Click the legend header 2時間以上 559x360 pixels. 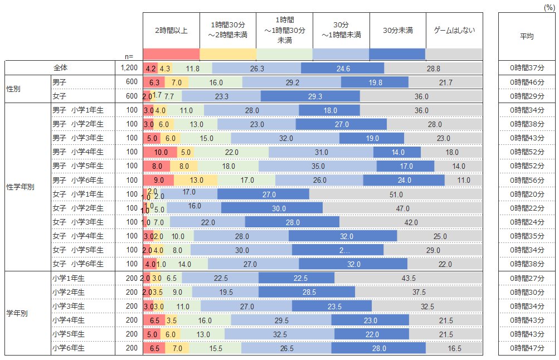click(x=171, y=30)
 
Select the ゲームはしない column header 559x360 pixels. click(x=454, y=30)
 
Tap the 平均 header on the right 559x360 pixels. click(x=527, y=36)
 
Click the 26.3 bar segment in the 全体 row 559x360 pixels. click(x=257, y=68)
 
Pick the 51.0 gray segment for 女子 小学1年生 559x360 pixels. click(x=397, y=194)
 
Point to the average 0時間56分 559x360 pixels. click(x=527, y=180)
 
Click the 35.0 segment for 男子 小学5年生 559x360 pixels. click(x=318, y=166)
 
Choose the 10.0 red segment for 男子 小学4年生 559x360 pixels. click(x=161, y=152)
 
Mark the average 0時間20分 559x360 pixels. click(x=527, y=194)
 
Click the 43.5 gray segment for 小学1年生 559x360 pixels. click(x=408, y=278)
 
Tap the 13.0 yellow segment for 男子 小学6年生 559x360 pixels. click(x=196, y=180)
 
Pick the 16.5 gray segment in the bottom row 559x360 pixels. click(x=454, y=348)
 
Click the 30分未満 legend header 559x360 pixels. click(x=397, y=30)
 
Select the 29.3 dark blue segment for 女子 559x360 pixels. click(x=310, y=96)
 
